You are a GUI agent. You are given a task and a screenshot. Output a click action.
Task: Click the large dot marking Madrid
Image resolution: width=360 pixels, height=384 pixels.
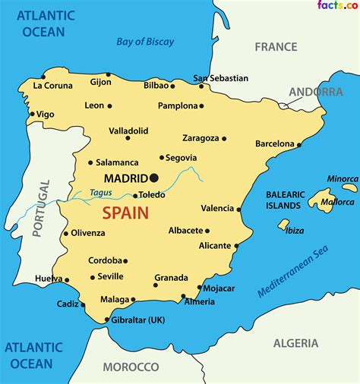154,178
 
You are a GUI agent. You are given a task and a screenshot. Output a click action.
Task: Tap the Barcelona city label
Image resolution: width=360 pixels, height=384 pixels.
274,143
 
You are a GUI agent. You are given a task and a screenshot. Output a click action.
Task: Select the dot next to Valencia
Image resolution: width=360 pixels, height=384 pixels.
239,209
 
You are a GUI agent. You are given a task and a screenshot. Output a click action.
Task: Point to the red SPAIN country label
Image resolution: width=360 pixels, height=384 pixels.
125,213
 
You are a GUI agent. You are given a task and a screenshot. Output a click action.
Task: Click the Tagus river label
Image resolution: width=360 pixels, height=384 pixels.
100,193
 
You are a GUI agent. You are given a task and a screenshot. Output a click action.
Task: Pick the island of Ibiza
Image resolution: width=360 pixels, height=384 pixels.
283,225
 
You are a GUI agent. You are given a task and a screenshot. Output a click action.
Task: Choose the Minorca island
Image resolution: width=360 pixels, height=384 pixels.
349,187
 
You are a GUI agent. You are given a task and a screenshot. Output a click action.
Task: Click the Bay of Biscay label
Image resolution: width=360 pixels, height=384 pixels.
145,42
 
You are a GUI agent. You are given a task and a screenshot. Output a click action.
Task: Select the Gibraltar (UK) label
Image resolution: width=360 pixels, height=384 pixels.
139,319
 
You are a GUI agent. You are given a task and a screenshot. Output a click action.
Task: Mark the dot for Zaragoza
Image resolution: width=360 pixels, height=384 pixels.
226,139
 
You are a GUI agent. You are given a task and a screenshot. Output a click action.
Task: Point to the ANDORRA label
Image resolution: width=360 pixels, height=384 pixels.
315,92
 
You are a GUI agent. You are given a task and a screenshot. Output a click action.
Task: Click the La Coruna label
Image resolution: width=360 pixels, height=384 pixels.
52,86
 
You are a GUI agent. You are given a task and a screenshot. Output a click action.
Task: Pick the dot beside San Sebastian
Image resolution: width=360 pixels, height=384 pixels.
201,86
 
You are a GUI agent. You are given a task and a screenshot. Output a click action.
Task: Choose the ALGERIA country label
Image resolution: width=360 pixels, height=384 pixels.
295,343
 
